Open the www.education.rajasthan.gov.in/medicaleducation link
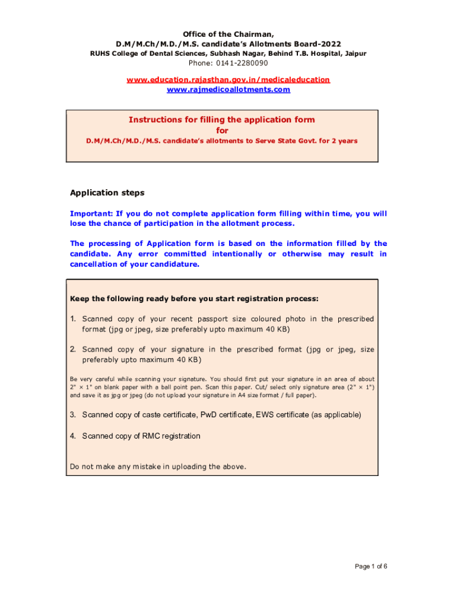pos(228,79)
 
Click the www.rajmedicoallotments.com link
pos(228,90)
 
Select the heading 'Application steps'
pos(107,193)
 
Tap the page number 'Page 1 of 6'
pos(371,566)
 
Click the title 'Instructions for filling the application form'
pos(222,120)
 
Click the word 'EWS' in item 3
pos(265,414)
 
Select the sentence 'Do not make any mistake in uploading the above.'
pos(158,467)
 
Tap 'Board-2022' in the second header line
pos(320,44)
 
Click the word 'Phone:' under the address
pos(201,63)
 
